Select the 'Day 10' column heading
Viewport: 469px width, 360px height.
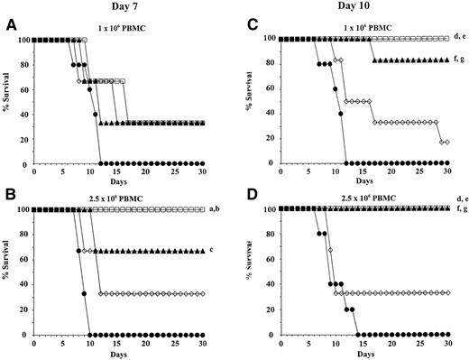coord(362,7)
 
